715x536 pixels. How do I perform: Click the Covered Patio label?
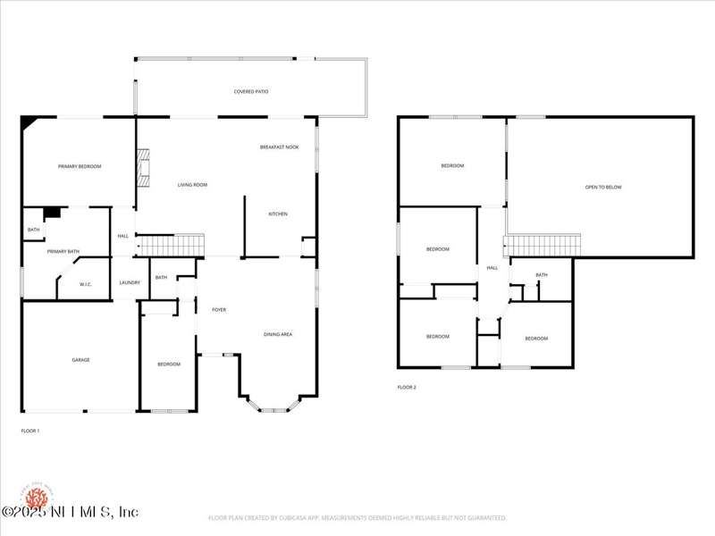click(251, 92)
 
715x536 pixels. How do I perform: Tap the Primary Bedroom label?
click(80, 166)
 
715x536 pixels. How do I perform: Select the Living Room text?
click(192, 185)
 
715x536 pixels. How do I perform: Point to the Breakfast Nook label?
click(280, 147)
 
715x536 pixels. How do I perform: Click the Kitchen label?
click(278, 214)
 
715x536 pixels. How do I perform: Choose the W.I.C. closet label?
click(87, 285)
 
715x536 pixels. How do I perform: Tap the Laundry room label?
click(130, 283)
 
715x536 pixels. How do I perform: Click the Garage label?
click(80, 360)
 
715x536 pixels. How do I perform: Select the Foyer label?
click(219, 310)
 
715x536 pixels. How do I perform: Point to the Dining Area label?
click(278, 335)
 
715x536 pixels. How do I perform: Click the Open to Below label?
click(603, 188)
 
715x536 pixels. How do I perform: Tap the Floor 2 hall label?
click(492, 268)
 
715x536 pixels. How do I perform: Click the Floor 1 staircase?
click(170, 245)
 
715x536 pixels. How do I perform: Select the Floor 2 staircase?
click(544, 245)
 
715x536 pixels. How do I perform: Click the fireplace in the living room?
click(142, 167)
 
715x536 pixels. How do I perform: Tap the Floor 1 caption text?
click(30, 431)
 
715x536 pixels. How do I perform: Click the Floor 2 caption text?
click(407, 388)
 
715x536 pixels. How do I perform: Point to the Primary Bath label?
click(63, 252)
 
